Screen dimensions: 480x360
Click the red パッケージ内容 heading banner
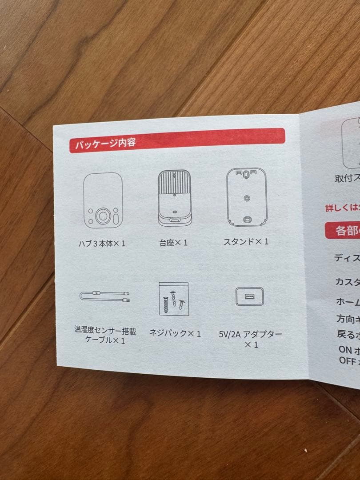click(x=177, y=140)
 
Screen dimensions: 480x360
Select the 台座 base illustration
click(x=174, y=198)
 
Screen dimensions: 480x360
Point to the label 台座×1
click(x=173, y=243)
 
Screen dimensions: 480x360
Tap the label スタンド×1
click(x=246, y=242)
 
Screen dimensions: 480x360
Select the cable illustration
click(x=105, y=296)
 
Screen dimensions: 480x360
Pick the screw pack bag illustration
click(x=174, y=298)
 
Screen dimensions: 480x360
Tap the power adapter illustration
click(x=249, y=296)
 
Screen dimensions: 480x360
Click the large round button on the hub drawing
click(x=103, y=216)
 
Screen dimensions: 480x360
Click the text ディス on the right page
click(x=347, y=258)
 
